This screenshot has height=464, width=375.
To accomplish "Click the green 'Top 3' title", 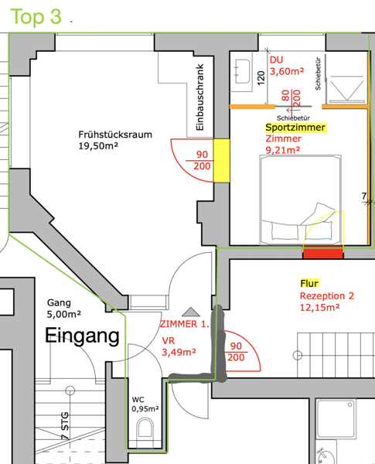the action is [36, 16].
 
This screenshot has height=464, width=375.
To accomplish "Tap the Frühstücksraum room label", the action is [115, 135].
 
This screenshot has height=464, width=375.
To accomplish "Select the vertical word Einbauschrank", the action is [200, 97].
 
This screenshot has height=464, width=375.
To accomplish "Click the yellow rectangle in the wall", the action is [222, 160].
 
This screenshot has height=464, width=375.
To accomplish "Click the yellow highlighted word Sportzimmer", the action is [295, 128].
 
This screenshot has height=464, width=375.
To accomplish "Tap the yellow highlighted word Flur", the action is [309, 284].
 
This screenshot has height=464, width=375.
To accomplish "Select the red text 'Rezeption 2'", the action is [327, 296].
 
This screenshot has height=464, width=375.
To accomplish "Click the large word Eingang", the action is [82, 336].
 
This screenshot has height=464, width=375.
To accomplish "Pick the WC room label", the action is [138, 400].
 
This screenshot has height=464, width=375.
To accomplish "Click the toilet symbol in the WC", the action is [145, 429].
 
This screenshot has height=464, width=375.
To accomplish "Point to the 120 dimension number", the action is [261, 78].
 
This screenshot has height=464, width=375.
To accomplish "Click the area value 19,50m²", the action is [98, 146].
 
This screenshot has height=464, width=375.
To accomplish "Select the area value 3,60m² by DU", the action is [287, 71].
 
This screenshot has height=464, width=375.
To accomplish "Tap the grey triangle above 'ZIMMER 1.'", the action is [191, 312].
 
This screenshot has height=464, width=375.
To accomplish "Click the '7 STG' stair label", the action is [65, 425].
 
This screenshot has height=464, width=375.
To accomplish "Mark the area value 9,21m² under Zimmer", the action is [283, 150].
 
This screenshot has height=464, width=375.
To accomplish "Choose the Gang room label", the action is [59, 303].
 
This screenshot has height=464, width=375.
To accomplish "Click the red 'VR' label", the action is [169, 340].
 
